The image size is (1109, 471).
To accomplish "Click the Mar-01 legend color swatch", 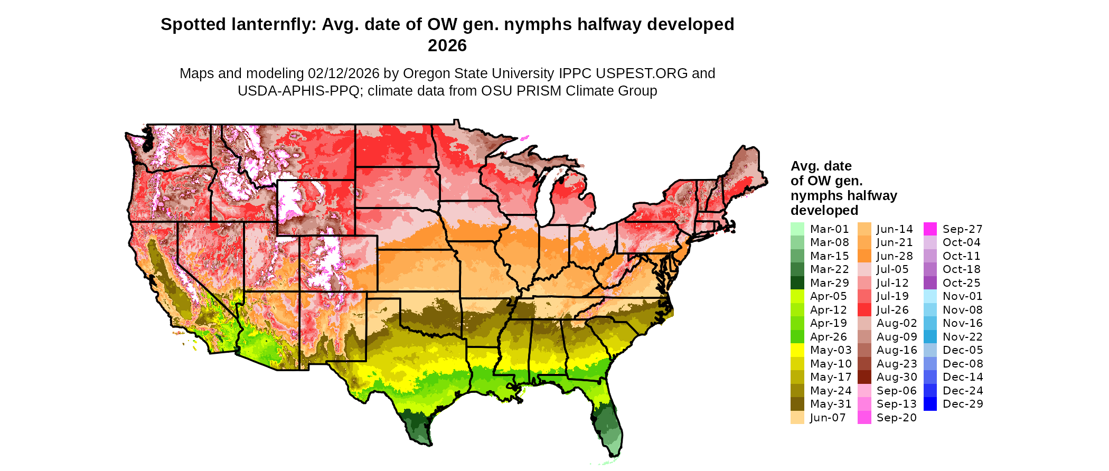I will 797,229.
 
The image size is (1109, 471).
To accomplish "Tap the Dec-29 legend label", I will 963,404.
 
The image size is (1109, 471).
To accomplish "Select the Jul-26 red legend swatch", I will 864,310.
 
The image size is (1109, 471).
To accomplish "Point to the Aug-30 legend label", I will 897,377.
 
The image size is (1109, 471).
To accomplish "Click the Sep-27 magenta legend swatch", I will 930,229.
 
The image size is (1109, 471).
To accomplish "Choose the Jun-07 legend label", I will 828,418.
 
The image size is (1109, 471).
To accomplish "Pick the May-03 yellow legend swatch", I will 797,350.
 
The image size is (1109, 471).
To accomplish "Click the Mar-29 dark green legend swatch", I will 797,283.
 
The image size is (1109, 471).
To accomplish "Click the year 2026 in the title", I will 447,45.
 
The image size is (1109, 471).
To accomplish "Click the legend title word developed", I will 824,210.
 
